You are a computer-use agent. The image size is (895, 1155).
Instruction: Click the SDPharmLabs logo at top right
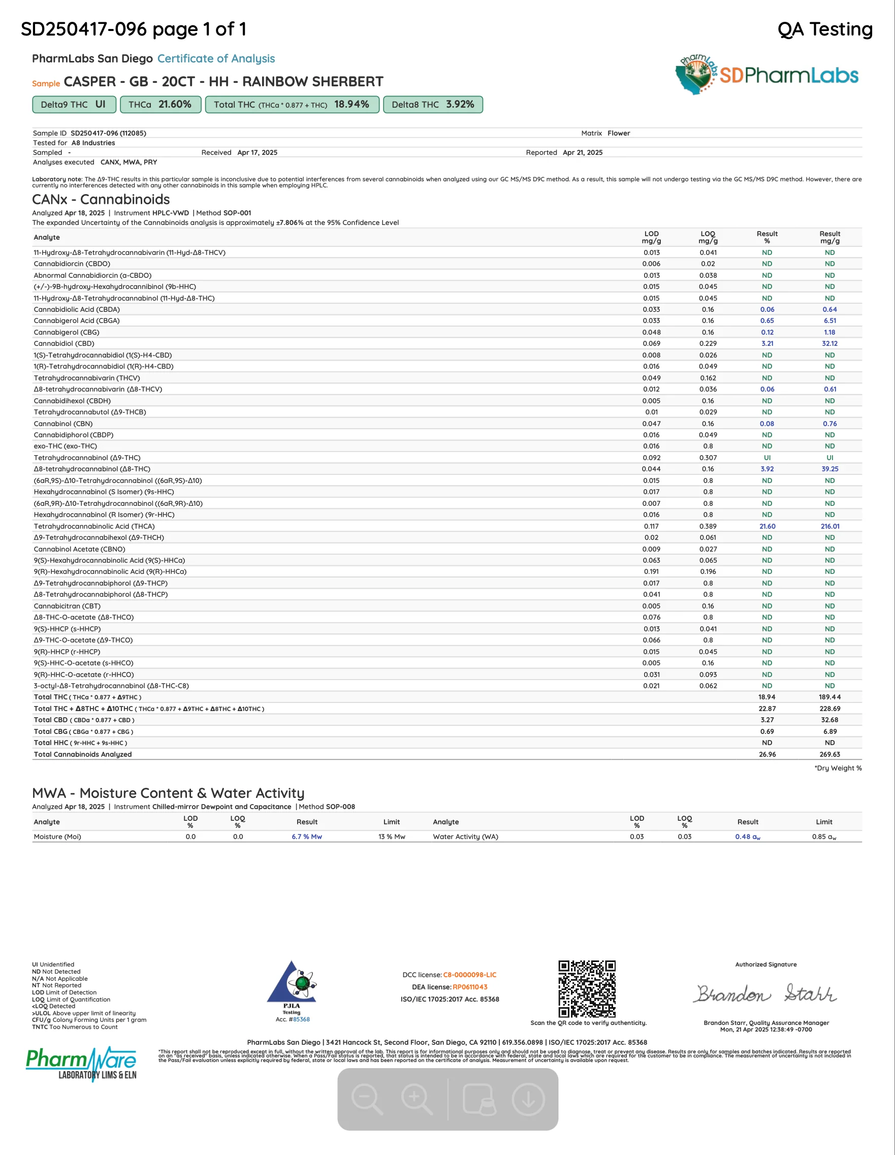[766, 75]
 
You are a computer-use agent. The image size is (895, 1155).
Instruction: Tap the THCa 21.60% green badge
[161, 104]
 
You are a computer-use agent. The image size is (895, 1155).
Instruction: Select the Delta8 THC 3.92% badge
[432, 104]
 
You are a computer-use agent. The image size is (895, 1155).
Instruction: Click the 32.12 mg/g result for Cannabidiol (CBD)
[829, 343]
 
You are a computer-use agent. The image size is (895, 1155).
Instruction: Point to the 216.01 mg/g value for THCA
[829, 526]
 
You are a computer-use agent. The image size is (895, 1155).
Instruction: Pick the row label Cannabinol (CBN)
[63, 424]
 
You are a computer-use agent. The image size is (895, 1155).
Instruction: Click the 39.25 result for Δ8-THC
[829, 469]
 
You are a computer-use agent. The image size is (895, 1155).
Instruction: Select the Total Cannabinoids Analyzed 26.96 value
[767, 754]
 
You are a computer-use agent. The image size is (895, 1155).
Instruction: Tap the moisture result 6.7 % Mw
[307, 837]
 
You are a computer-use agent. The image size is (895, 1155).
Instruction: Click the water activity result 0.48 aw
[747, 837]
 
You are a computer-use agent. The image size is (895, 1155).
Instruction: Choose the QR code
[587, 989]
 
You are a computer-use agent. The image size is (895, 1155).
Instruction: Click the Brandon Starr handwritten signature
[765, 993]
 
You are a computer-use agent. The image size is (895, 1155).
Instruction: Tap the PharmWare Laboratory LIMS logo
[81, 1064]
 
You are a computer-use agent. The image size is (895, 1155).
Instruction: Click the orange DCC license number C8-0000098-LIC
[469, 975]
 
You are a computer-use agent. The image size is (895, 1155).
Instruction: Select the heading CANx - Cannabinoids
[101, 200]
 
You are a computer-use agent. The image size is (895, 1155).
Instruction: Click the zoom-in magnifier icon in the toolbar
[417, 1099]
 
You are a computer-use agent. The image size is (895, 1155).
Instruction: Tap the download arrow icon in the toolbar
[528, 1099]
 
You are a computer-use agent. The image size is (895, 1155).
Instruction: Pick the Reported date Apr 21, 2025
[583, 152]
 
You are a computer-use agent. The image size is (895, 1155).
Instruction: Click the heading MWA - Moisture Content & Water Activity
[168, 793]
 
